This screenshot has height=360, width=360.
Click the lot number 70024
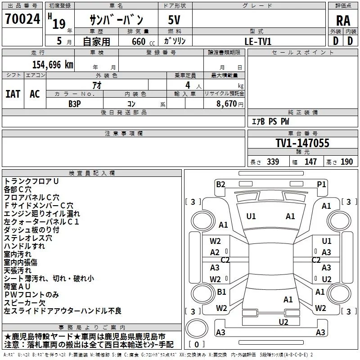22,19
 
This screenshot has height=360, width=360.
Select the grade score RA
343,21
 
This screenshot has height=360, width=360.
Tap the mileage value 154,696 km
53,65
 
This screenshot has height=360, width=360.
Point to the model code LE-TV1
258,41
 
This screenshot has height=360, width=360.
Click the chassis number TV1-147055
302,143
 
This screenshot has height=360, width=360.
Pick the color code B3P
75,104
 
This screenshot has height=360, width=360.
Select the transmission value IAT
13,94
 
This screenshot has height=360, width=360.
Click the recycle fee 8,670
226,104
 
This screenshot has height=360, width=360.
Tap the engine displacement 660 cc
143,41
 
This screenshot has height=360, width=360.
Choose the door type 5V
174,20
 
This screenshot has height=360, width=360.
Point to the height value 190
346,162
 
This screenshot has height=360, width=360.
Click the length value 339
273,162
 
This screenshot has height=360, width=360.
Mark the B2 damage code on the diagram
220,184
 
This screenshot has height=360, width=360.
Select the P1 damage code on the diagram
321,184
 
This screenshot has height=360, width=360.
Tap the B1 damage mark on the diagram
221,292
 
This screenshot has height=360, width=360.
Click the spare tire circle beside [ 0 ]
197,328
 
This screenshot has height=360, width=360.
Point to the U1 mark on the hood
251,216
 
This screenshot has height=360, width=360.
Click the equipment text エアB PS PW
270,121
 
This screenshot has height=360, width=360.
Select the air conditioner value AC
35,94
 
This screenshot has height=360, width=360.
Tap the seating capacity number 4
188,85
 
